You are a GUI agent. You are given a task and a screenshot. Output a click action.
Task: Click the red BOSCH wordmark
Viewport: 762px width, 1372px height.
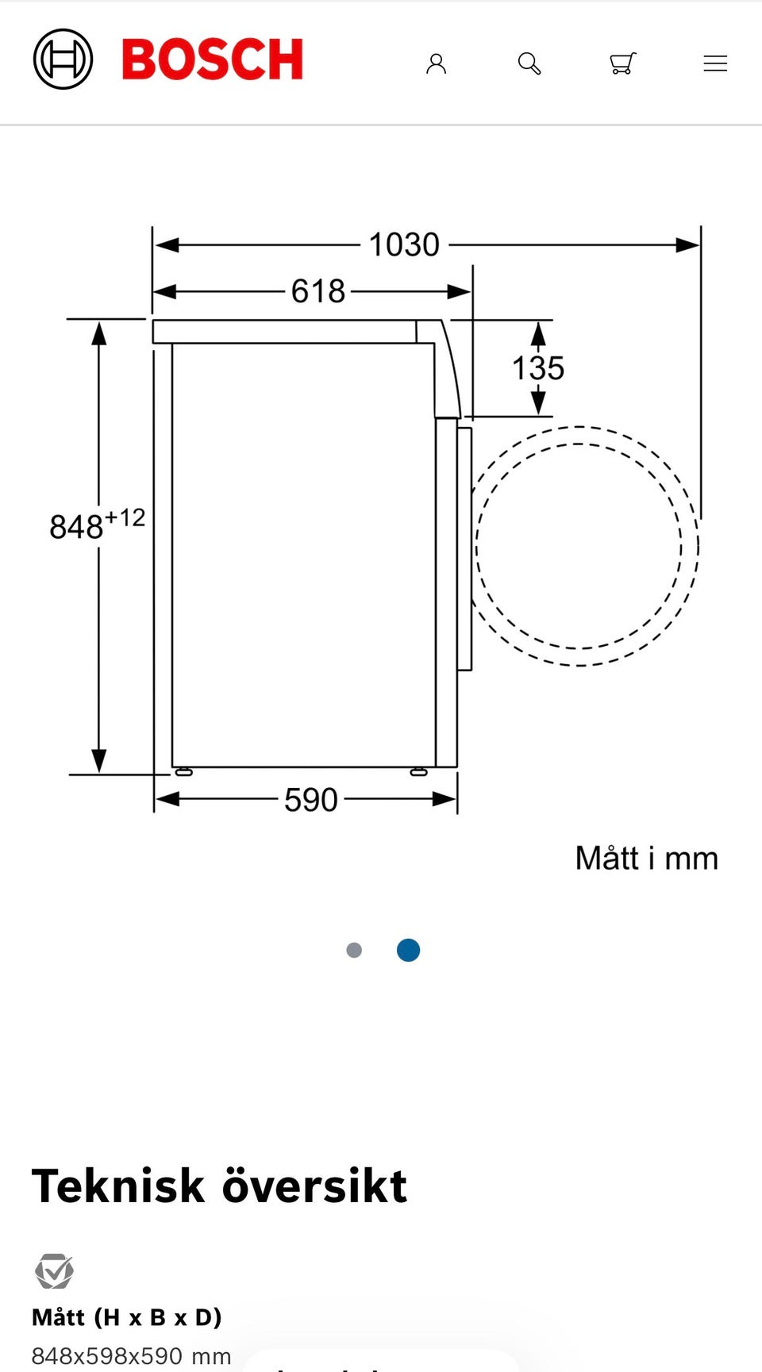pos(213,60)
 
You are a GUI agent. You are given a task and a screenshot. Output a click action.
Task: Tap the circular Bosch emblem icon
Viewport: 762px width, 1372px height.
pos(63,60)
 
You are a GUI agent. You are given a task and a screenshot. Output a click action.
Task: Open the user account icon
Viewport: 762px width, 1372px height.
pos(436,63)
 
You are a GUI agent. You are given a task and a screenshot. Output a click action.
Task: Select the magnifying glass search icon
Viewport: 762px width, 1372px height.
pos(529,63)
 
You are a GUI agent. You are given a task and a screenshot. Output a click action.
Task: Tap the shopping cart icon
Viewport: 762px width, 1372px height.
pos(623,63)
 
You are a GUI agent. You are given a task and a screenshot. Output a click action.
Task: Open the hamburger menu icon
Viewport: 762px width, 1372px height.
pos(715,63)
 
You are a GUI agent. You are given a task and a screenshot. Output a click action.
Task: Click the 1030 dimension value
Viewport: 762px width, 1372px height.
pos(404,244)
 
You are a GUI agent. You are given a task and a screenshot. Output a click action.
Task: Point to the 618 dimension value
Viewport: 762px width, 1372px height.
pos(318,291)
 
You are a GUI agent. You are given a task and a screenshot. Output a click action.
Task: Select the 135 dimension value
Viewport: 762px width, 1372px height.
pos(538,368)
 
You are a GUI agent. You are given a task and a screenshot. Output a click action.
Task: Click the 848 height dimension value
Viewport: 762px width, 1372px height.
pos(76,527)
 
